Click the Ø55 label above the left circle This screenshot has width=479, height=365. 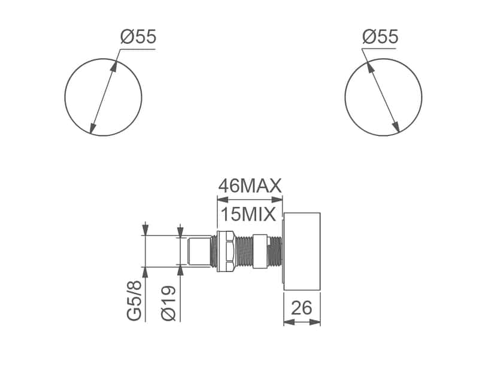click(x=138, y=37)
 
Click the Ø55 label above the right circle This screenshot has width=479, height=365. click(x=380, y=37)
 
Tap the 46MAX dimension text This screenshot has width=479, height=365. click(x=249, y=186)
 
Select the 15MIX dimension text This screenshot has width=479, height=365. click(x=247, y=214)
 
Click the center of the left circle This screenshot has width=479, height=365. click(x=103, y=97)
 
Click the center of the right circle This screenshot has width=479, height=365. click(x=383, y=97)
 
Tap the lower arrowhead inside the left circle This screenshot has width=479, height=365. click(x=92, y=128)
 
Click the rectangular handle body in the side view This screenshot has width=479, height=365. click(x=302, y=251)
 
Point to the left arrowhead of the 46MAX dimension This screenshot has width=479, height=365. click(x=220, y=201)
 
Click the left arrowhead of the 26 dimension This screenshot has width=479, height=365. click(x=287, y=322)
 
